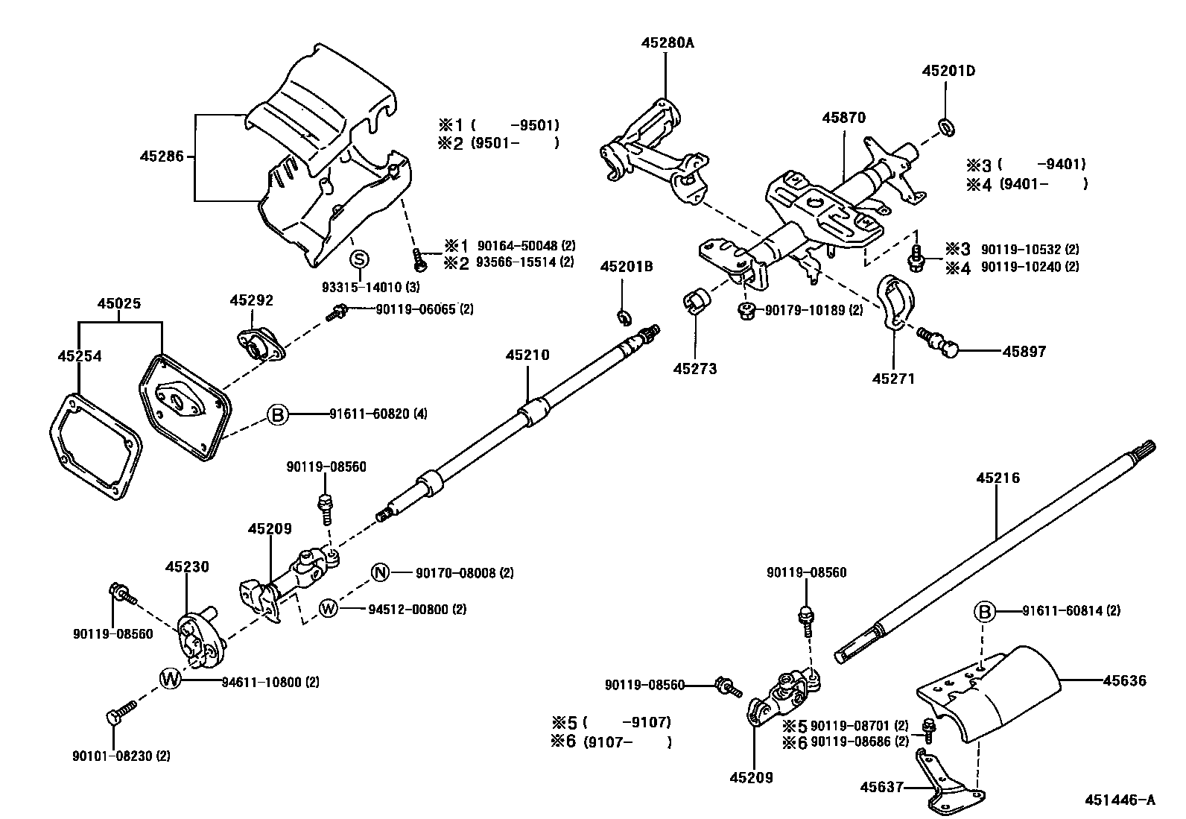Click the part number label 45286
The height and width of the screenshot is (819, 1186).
point(161,156)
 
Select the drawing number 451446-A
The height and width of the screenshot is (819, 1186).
point(1120,800)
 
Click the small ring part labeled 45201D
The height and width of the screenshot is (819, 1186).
point(947,127)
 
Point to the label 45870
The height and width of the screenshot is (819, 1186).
point(844,118)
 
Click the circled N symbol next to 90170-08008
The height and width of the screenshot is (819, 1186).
point(381,572)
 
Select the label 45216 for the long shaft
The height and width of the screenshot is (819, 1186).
point(998,478)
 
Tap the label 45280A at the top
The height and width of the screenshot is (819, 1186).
point(667,43)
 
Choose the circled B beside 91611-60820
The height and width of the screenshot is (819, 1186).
point(277,414)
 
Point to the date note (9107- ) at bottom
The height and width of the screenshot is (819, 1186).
point(627,742)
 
